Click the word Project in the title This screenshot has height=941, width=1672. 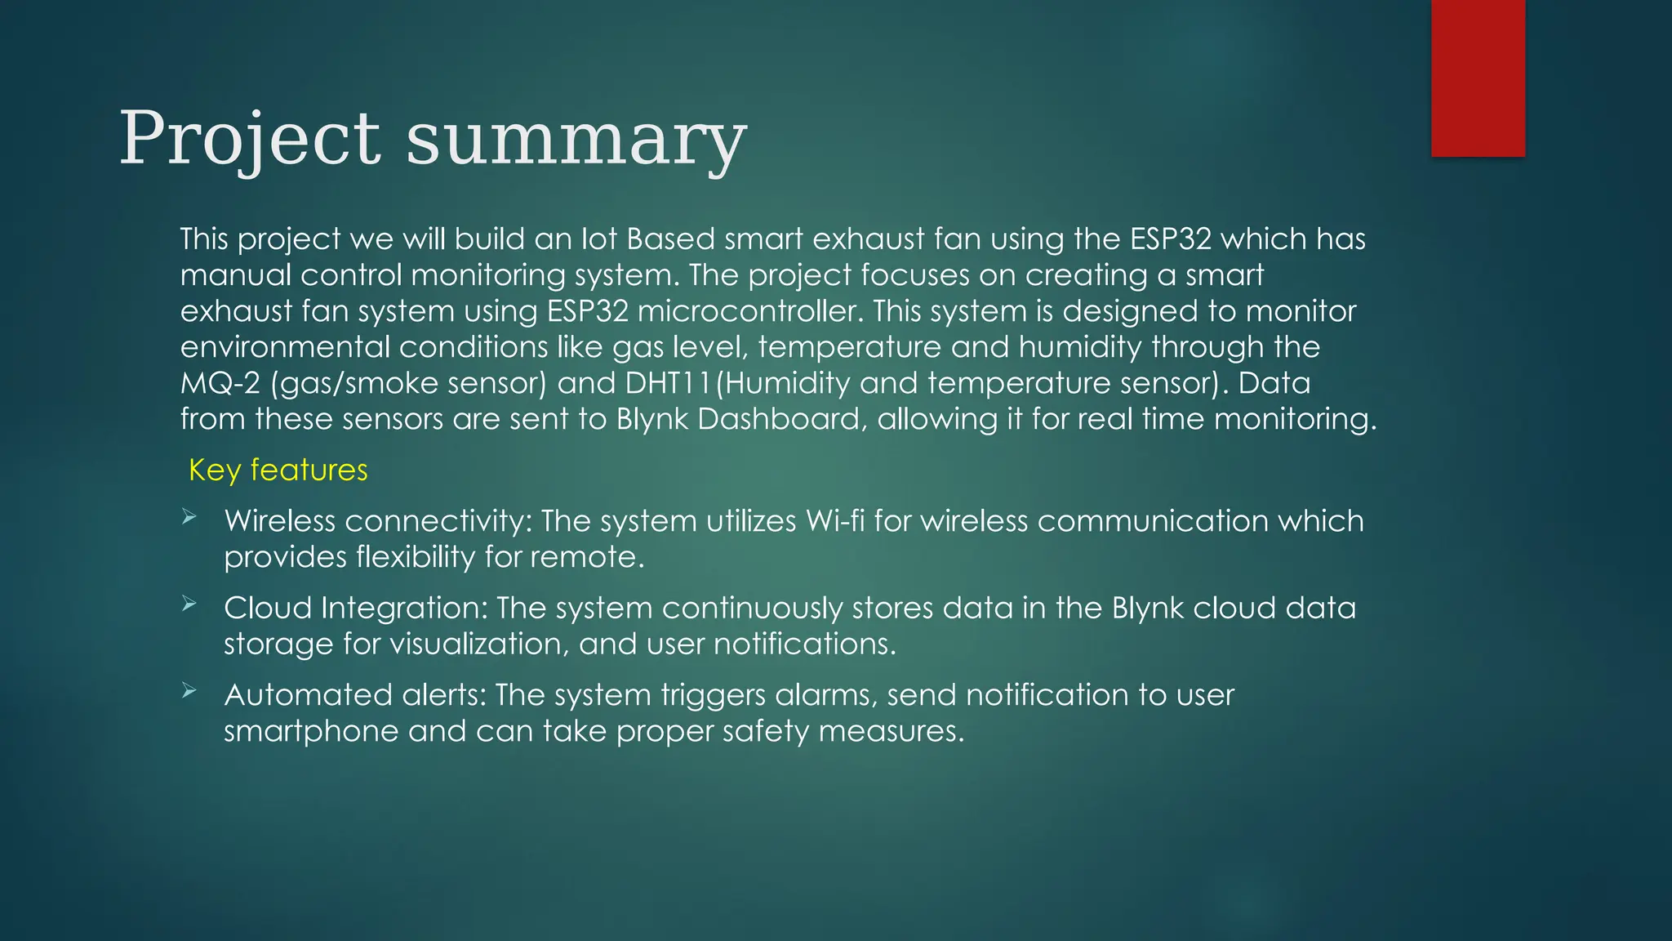(250, 139)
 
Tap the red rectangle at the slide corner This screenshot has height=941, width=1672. (1478, 78)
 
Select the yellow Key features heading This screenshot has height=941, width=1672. (278, 470)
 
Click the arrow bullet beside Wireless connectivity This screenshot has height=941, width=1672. (189, 517)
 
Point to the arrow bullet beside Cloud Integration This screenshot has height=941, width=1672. (189, 604)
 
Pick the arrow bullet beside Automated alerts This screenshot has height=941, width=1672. (189, 692)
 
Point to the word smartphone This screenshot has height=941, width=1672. (311, 731)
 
